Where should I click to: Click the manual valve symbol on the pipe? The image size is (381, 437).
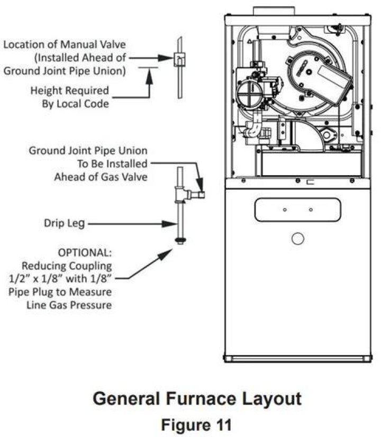pos(180,59)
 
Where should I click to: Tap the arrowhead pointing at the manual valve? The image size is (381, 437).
pos(166,58)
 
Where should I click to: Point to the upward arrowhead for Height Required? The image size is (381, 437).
pos(149,77)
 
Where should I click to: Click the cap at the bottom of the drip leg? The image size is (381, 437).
pos(180,241)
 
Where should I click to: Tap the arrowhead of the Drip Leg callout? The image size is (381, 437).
pos(169,224)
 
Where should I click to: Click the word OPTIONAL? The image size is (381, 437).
pos(85,253)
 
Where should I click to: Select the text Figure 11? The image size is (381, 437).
pos(196,425)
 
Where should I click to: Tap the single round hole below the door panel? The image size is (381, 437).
pos(297,239)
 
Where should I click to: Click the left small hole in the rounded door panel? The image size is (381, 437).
pos(285,210)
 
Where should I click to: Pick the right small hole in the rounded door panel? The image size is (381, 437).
pos(311,210)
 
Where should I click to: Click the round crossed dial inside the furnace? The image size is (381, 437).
pos(249,93)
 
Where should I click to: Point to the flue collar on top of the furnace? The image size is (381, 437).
pos(274,11)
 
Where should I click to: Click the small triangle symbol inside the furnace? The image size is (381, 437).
pos(249,42)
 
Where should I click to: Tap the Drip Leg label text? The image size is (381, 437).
pos(65,223)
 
